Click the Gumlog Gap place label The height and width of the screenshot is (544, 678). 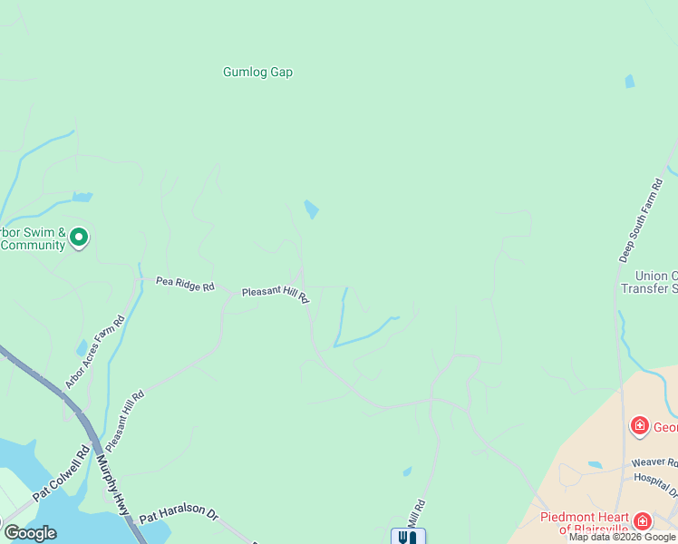coord(258,73)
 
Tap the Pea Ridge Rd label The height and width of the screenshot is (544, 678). coord(184,285)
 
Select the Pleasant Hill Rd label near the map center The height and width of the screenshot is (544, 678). coord(276,294)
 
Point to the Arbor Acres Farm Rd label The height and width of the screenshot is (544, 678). coord(93,352)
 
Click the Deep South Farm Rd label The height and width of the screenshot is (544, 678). coord(641,220)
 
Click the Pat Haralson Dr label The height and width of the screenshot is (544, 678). coord(179,514)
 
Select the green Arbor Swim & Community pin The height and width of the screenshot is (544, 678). coord(79,238)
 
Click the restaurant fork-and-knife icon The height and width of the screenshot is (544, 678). coord(408,537)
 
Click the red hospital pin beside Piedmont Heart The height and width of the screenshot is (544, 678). coord(643,520)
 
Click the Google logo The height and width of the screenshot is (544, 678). coord(29,533)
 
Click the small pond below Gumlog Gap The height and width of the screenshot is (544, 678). coord(311,209)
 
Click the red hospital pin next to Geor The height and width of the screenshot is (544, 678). coord(639,425)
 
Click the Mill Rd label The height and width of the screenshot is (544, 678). coord(416,514)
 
